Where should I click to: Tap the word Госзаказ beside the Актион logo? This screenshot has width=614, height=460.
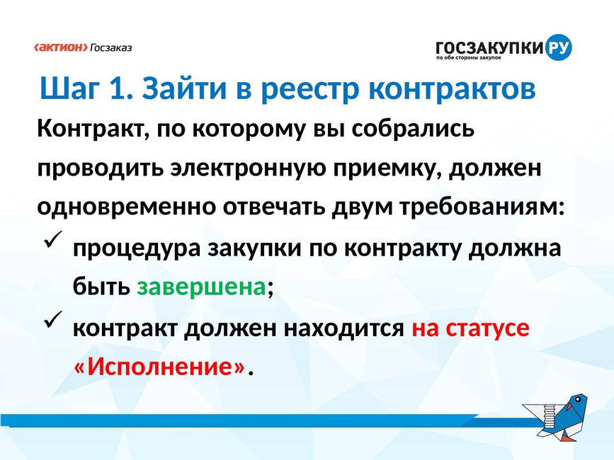point(111,47)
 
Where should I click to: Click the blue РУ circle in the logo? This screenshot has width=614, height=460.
point(558,47)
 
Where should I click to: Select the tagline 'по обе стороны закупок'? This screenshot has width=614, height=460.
point(468,58)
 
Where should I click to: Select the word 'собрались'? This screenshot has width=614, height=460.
point(412,129)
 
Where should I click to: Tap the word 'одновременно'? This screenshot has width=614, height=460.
point(127,207)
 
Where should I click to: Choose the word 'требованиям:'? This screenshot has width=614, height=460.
point(482,207)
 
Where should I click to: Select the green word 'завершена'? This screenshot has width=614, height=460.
point(201,287)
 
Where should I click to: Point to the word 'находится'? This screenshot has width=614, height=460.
point(343,328)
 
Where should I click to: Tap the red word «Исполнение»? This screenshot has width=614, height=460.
point(159,367)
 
